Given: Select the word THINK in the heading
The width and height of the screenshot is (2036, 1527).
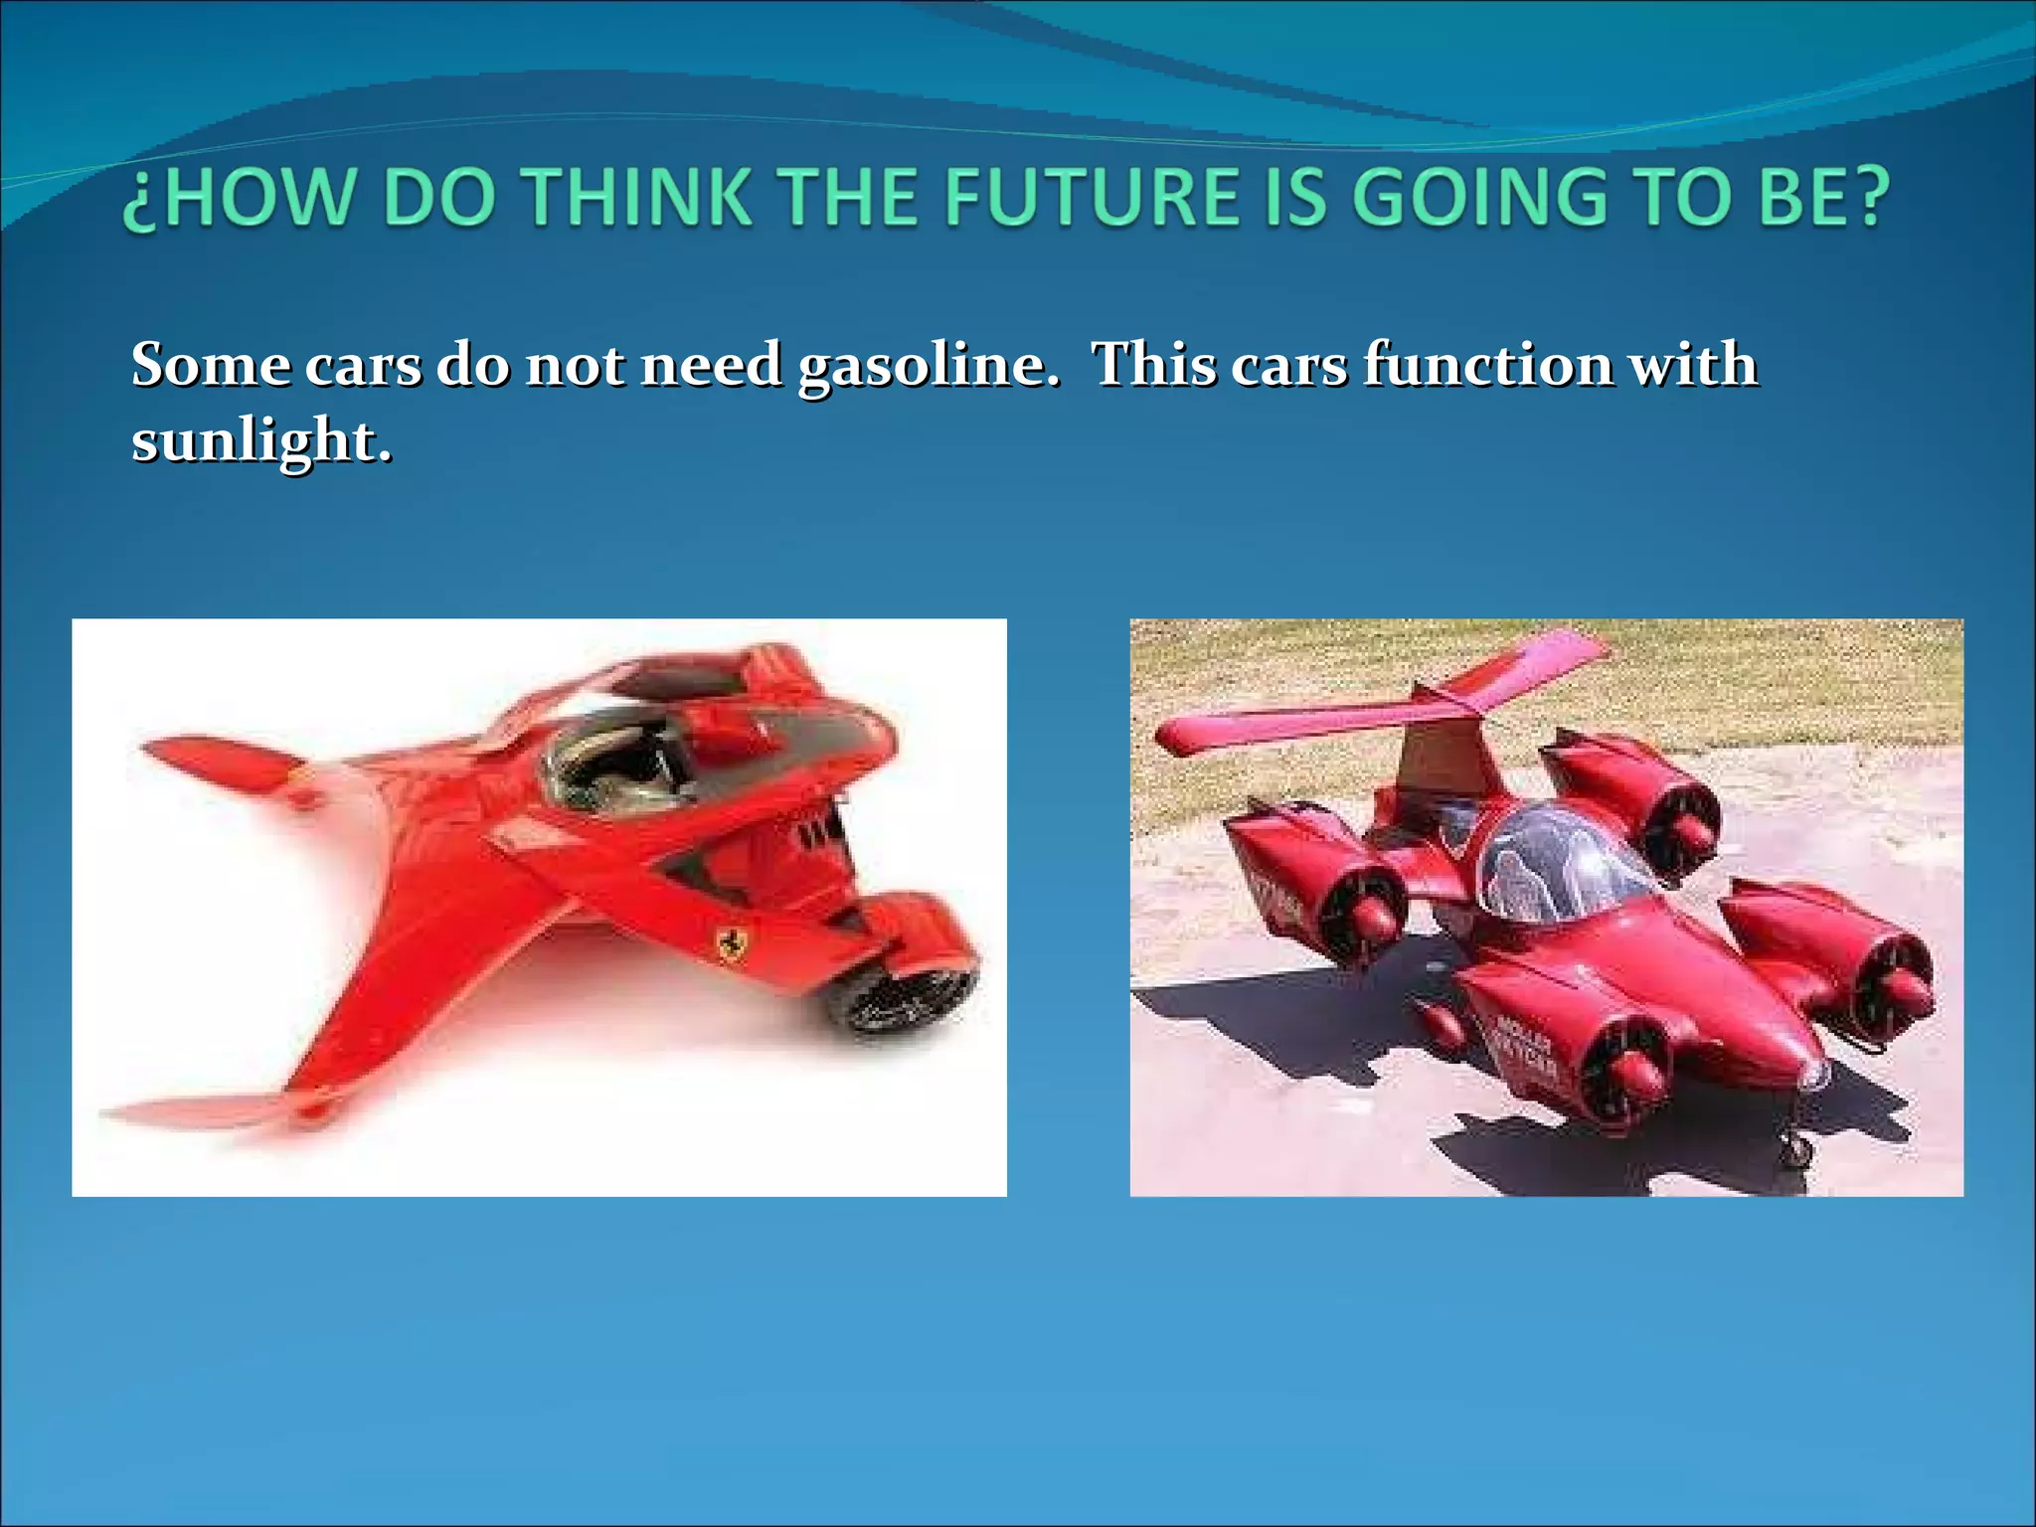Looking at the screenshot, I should pos(637,196).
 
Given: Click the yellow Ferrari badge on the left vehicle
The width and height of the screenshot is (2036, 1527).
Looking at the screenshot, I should pos(733,940).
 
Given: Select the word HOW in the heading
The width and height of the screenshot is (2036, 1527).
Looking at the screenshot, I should pos(264,196).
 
